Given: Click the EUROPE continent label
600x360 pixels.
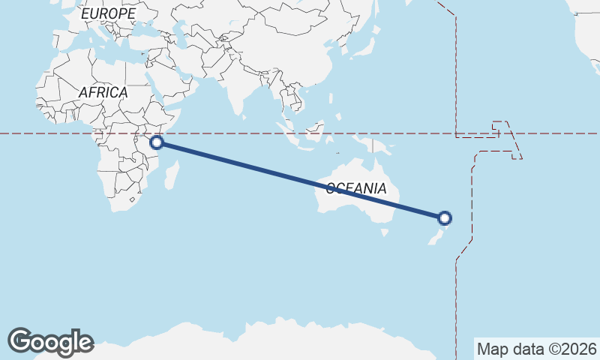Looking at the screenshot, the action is coord(108,13).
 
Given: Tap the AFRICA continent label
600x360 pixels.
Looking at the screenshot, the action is coord(103,92).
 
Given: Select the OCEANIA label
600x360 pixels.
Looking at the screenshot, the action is coord(356,188).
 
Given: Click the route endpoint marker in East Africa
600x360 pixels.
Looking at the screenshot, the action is coord(157,142).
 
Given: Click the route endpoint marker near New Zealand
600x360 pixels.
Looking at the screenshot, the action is coord(445,218).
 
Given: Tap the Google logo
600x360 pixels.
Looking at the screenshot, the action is coord(50,341).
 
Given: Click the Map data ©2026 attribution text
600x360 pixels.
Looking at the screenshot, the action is coord(536,349).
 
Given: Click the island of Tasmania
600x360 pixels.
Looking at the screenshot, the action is coord(385,232).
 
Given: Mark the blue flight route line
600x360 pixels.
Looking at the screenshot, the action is coord(300,180).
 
